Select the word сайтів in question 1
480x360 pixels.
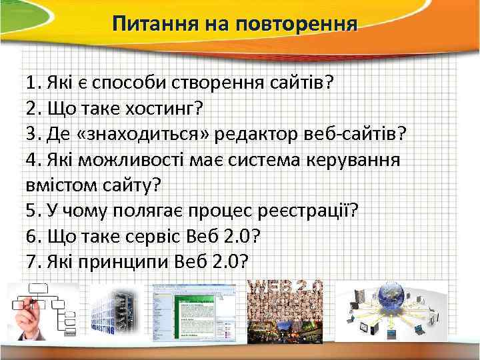297,84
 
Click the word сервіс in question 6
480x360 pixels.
155,236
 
